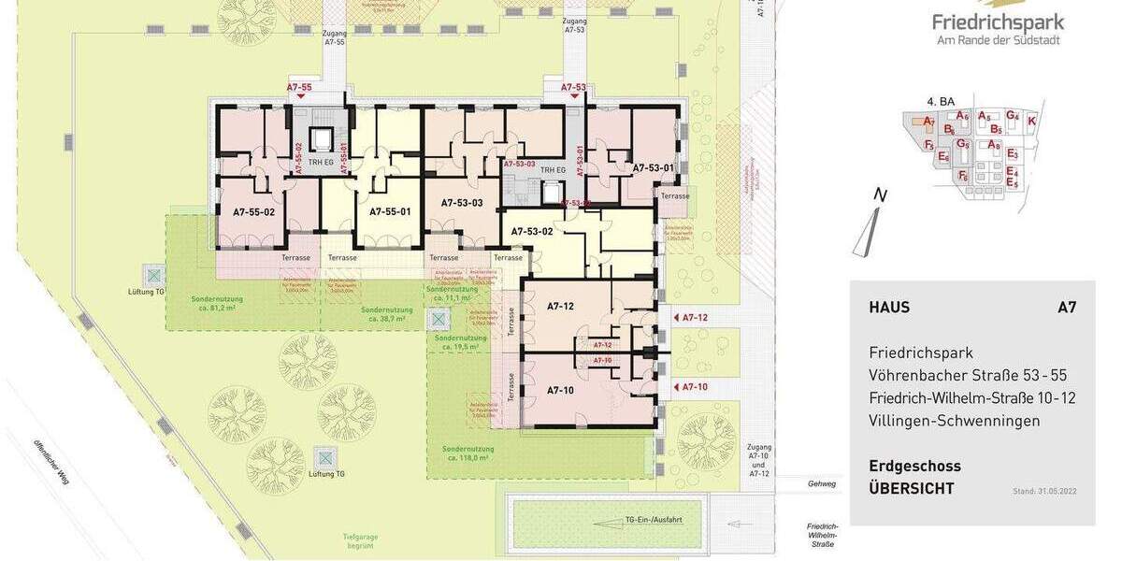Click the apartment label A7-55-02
pos(253,212)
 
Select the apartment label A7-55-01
pos(390,211)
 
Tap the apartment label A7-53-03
pos(463,203)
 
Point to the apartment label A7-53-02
pos(532,230)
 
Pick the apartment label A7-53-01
pos(654,168)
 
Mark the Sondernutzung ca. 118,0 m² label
pos(468,453)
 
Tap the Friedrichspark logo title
pos(998,22)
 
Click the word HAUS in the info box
pos(889,308)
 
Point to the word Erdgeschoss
pos(914,466)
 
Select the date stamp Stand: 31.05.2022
pos(1044,491)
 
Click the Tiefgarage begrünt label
pos(359,540)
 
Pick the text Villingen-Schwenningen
pos(954,421)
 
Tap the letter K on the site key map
pos(1031,121)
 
